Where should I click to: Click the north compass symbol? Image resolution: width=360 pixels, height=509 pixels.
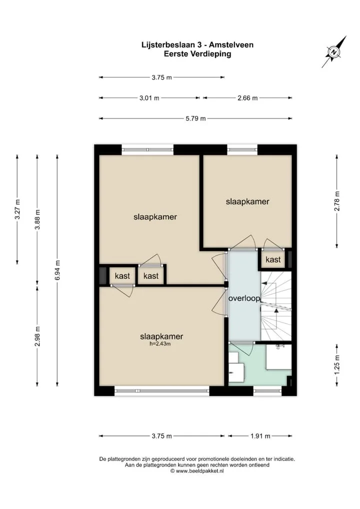(x=333, y=52)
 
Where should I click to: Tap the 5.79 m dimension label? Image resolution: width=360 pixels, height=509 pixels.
(x=195, y=118)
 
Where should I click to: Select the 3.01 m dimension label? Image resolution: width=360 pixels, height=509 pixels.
(x=149, y=97)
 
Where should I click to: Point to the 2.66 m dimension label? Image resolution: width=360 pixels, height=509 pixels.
(x=247, y=97)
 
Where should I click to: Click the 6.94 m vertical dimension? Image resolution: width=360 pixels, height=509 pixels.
(x=57, y=270)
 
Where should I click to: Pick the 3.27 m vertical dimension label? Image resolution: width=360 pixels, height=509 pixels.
(x=17, y=209)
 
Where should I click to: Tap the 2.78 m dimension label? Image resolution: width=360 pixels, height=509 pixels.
(x=337, y=201)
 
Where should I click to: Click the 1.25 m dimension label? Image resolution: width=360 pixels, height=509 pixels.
(x=337, y=364)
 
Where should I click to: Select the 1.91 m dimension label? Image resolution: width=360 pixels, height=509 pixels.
(x=260, y=436)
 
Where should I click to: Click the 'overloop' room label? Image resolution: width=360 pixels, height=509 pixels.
(x=244, y=298)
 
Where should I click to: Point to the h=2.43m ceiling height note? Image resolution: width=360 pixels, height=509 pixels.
(x=160, y=344)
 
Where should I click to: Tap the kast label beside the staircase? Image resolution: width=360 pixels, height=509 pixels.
(x=273, y=259)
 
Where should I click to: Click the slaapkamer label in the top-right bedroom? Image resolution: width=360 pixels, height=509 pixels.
(x=247, y=201)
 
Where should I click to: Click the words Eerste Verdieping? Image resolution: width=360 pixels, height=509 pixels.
(x=197, y=54)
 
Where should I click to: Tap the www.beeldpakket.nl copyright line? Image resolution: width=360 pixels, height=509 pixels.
(x=197, y=470)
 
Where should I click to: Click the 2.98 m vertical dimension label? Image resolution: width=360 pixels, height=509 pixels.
(x=37, y=336)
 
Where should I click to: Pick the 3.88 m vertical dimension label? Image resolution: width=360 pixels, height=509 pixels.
(x=37, y=219)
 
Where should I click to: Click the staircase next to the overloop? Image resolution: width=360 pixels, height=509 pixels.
(x=276, y=306)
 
